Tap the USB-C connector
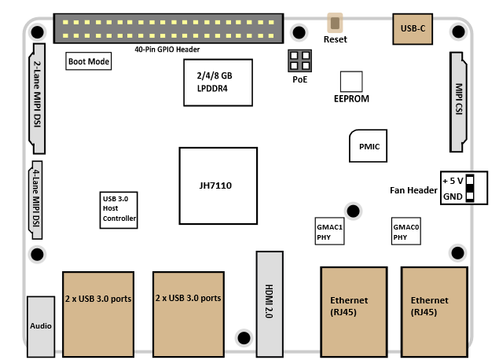413,28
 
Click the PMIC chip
369,146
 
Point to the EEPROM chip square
350,82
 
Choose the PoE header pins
299,61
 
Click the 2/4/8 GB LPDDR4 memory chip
215,83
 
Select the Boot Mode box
88,61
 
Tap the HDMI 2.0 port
268,303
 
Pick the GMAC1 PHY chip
329,231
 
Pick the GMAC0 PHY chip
405,231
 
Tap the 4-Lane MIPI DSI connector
35,201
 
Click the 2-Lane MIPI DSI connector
37,97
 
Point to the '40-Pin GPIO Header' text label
167,50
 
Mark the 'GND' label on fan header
452,197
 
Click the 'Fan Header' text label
413,189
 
